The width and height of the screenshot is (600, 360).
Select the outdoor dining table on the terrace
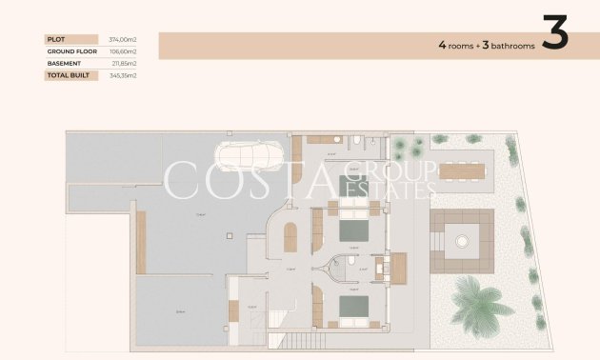coord(459,171)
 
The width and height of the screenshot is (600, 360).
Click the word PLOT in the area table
coord(54,39)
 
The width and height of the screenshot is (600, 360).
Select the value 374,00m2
coord(122,39)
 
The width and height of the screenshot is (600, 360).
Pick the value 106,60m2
coord(122,51)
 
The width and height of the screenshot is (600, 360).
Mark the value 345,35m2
coord(122,74)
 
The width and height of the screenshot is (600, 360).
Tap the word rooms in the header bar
coord(460,45)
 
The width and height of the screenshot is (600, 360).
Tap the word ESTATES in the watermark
coord(400,191)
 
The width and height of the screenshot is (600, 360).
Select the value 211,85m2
coord(122,63)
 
